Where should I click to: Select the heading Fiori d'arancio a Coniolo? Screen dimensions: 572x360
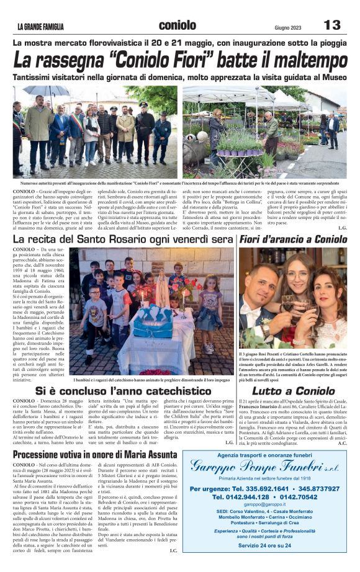click(x=293, y=239)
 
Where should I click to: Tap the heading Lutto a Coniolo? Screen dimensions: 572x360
click(x=292, y=391)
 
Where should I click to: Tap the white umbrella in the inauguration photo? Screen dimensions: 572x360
click(x=38, y=91)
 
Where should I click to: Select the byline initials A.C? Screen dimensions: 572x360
click(x=343, y=443)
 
